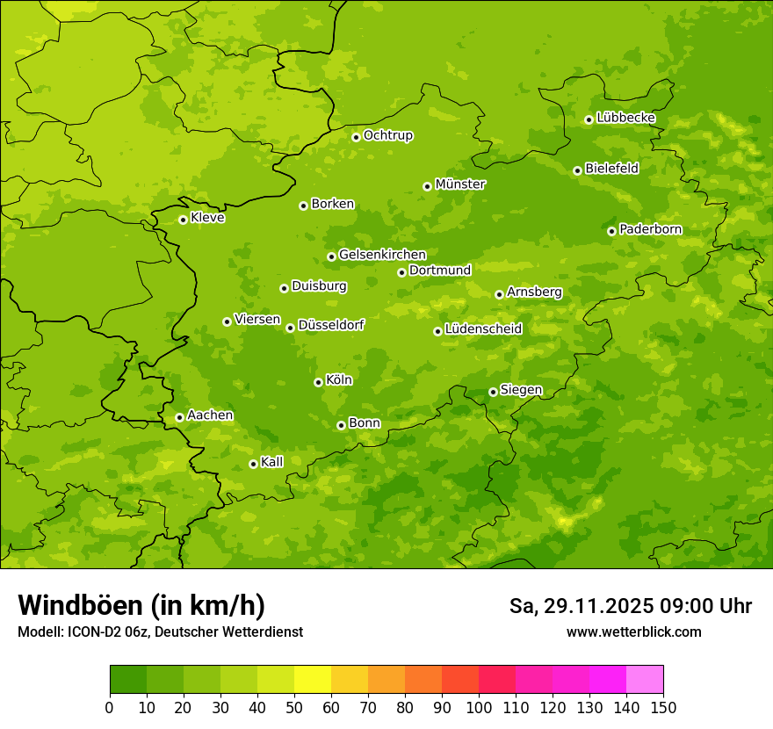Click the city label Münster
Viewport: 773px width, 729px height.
click(x=460, y=184)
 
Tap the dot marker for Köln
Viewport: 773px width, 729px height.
click(x=318, y=382)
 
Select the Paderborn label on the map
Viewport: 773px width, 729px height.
click(x=650, y=229)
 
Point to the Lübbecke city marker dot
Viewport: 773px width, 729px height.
click(x=589, y=119)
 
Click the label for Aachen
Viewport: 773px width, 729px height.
click(x=210, y=415)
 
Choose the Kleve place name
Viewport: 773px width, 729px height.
click(x=207, y=218)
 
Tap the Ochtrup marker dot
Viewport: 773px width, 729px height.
click(x=356, y=137)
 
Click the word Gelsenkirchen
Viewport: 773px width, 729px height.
click(x=382, y=255)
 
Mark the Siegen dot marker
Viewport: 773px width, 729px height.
click(x=493, y=392)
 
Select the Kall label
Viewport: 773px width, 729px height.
click(x=272, y=462)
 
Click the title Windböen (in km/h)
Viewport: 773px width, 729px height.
click(x=141, y=605)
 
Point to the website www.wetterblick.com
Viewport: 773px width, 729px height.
click(x=633, y=632)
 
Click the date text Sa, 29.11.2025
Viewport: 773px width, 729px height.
click(x=581, y=606)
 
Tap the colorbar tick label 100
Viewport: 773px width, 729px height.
click(x=479, y=707)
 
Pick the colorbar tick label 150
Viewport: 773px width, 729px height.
click(x=663, y=707)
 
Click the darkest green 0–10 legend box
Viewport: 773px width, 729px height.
click(x=128, y=680)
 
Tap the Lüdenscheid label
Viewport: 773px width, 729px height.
click(x=483, y=329)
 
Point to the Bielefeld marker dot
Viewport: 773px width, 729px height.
click(x=577, y=170)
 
